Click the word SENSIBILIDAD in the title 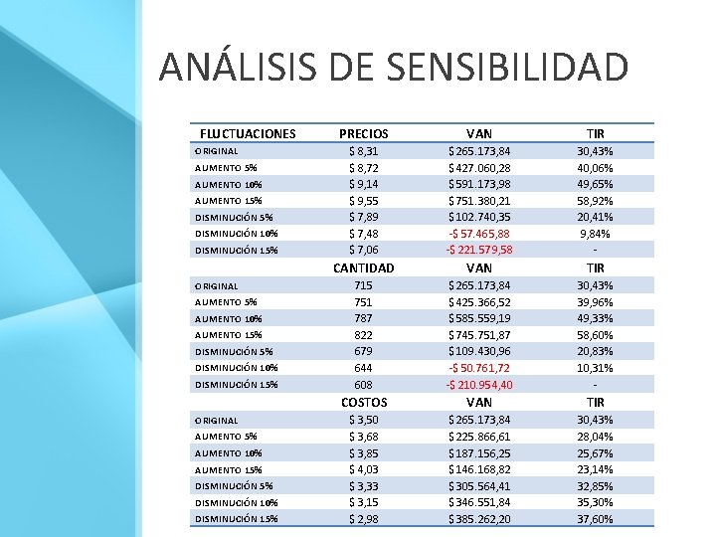(508, 67)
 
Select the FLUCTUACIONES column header (248, 134)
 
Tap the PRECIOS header (364, 134)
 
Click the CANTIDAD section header (364, 268)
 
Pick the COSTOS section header (364, 403)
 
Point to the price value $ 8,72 (364, 168)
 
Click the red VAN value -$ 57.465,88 (479, 234)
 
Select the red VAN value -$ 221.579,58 (479, 250)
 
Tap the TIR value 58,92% (595, 201)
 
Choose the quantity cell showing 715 (364, 285)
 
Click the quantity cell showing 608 (364, 385)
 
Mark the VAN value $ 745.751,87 (479, 335)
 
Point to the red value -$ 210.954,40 (479, 385)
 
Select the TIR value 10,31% (595, 368)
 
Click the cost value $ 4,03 (364, 469)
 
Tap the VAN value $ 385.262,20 (479, 519)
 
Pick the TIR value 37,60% (595, 519)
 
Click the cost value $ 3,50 (364, 420)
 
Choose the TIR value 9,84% (595, 234)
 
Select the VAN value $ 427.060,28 (479, 168)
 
